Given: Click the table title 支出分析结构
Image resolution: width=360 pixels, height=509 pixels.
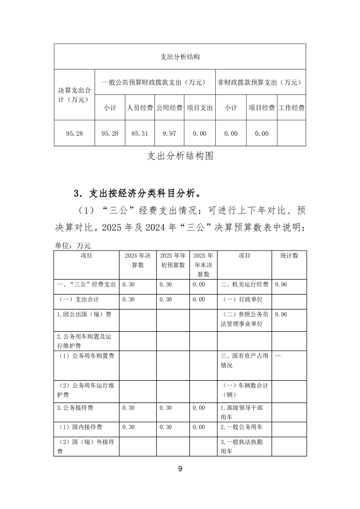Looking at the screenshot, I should [180, 57].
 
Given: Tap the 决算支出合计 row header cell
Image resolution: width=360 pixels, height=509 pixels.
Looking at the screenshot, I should [74, 95].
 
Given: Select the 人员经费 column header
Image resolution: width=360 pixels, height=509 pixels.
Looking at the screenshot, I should [139, 108].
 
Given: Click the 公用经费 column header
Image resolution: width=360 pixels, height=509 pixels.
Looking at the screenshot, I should [169, 108].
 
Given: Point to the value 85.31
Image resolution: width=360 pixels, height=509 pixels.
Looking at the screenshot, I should [139, 133].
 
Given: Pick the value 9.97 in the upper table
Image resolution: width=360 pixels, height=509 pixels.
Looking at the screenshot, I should [169, 133].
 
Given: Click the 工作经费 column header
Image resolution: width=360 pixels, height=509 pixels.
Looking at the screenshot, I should [291, 108].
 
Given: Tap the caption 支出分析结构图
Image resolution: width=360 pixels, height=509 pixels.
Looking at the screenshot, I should [180, 156].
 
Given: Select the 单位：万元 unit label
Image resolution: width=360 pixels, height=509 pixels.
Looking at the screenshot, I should [73, 245].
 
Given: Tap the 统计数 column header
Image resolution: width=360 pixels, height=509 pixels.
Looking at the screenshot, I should [289, 256].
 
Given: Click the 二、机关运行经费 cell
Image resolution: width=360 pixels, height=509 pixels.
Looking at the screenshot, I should [244, 284].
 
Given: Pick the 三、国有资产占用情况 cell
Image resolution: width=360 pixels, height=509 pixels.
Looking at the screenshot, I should [244, 361].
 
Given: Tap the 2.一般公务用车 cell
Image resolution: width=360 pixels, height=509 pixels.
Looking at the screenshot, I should [242, 427].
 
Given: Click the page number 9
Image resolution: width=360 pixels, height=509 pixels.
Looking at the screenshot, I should [180, 469].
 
